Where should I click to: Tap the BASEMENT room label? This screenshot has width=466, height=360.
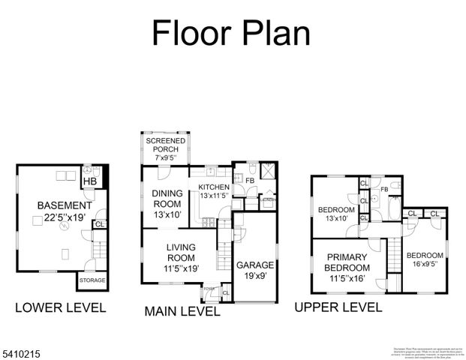(x=64, y=205)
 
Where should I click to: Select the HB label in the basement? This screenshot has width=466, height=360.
(x=89, y=181)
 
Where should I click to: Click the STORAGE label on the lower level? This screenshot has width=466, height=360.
(x=92, y=280)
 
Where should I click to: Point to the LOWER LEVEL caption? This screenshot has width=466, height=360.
(x=61, y=307)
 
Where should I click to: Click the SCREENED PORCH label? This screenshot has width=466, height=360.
(x=165, y=144)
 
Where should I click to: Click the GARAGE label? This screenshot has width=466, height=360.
(x=256, y=265)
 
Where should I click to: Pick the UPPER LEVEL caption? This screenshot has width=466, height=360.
(x=338, y=307)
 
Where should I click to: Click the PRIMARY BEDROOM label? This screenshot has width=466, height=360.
(x=347, y=262)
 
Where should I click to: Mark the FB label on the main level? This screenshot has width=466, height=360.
(x=249, y=180)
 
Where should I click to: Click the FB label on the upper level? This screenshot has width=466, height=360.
(x=383, y=189)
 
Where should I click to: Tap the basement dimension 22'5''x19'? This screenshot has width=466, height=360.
(x=64, y=218)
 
